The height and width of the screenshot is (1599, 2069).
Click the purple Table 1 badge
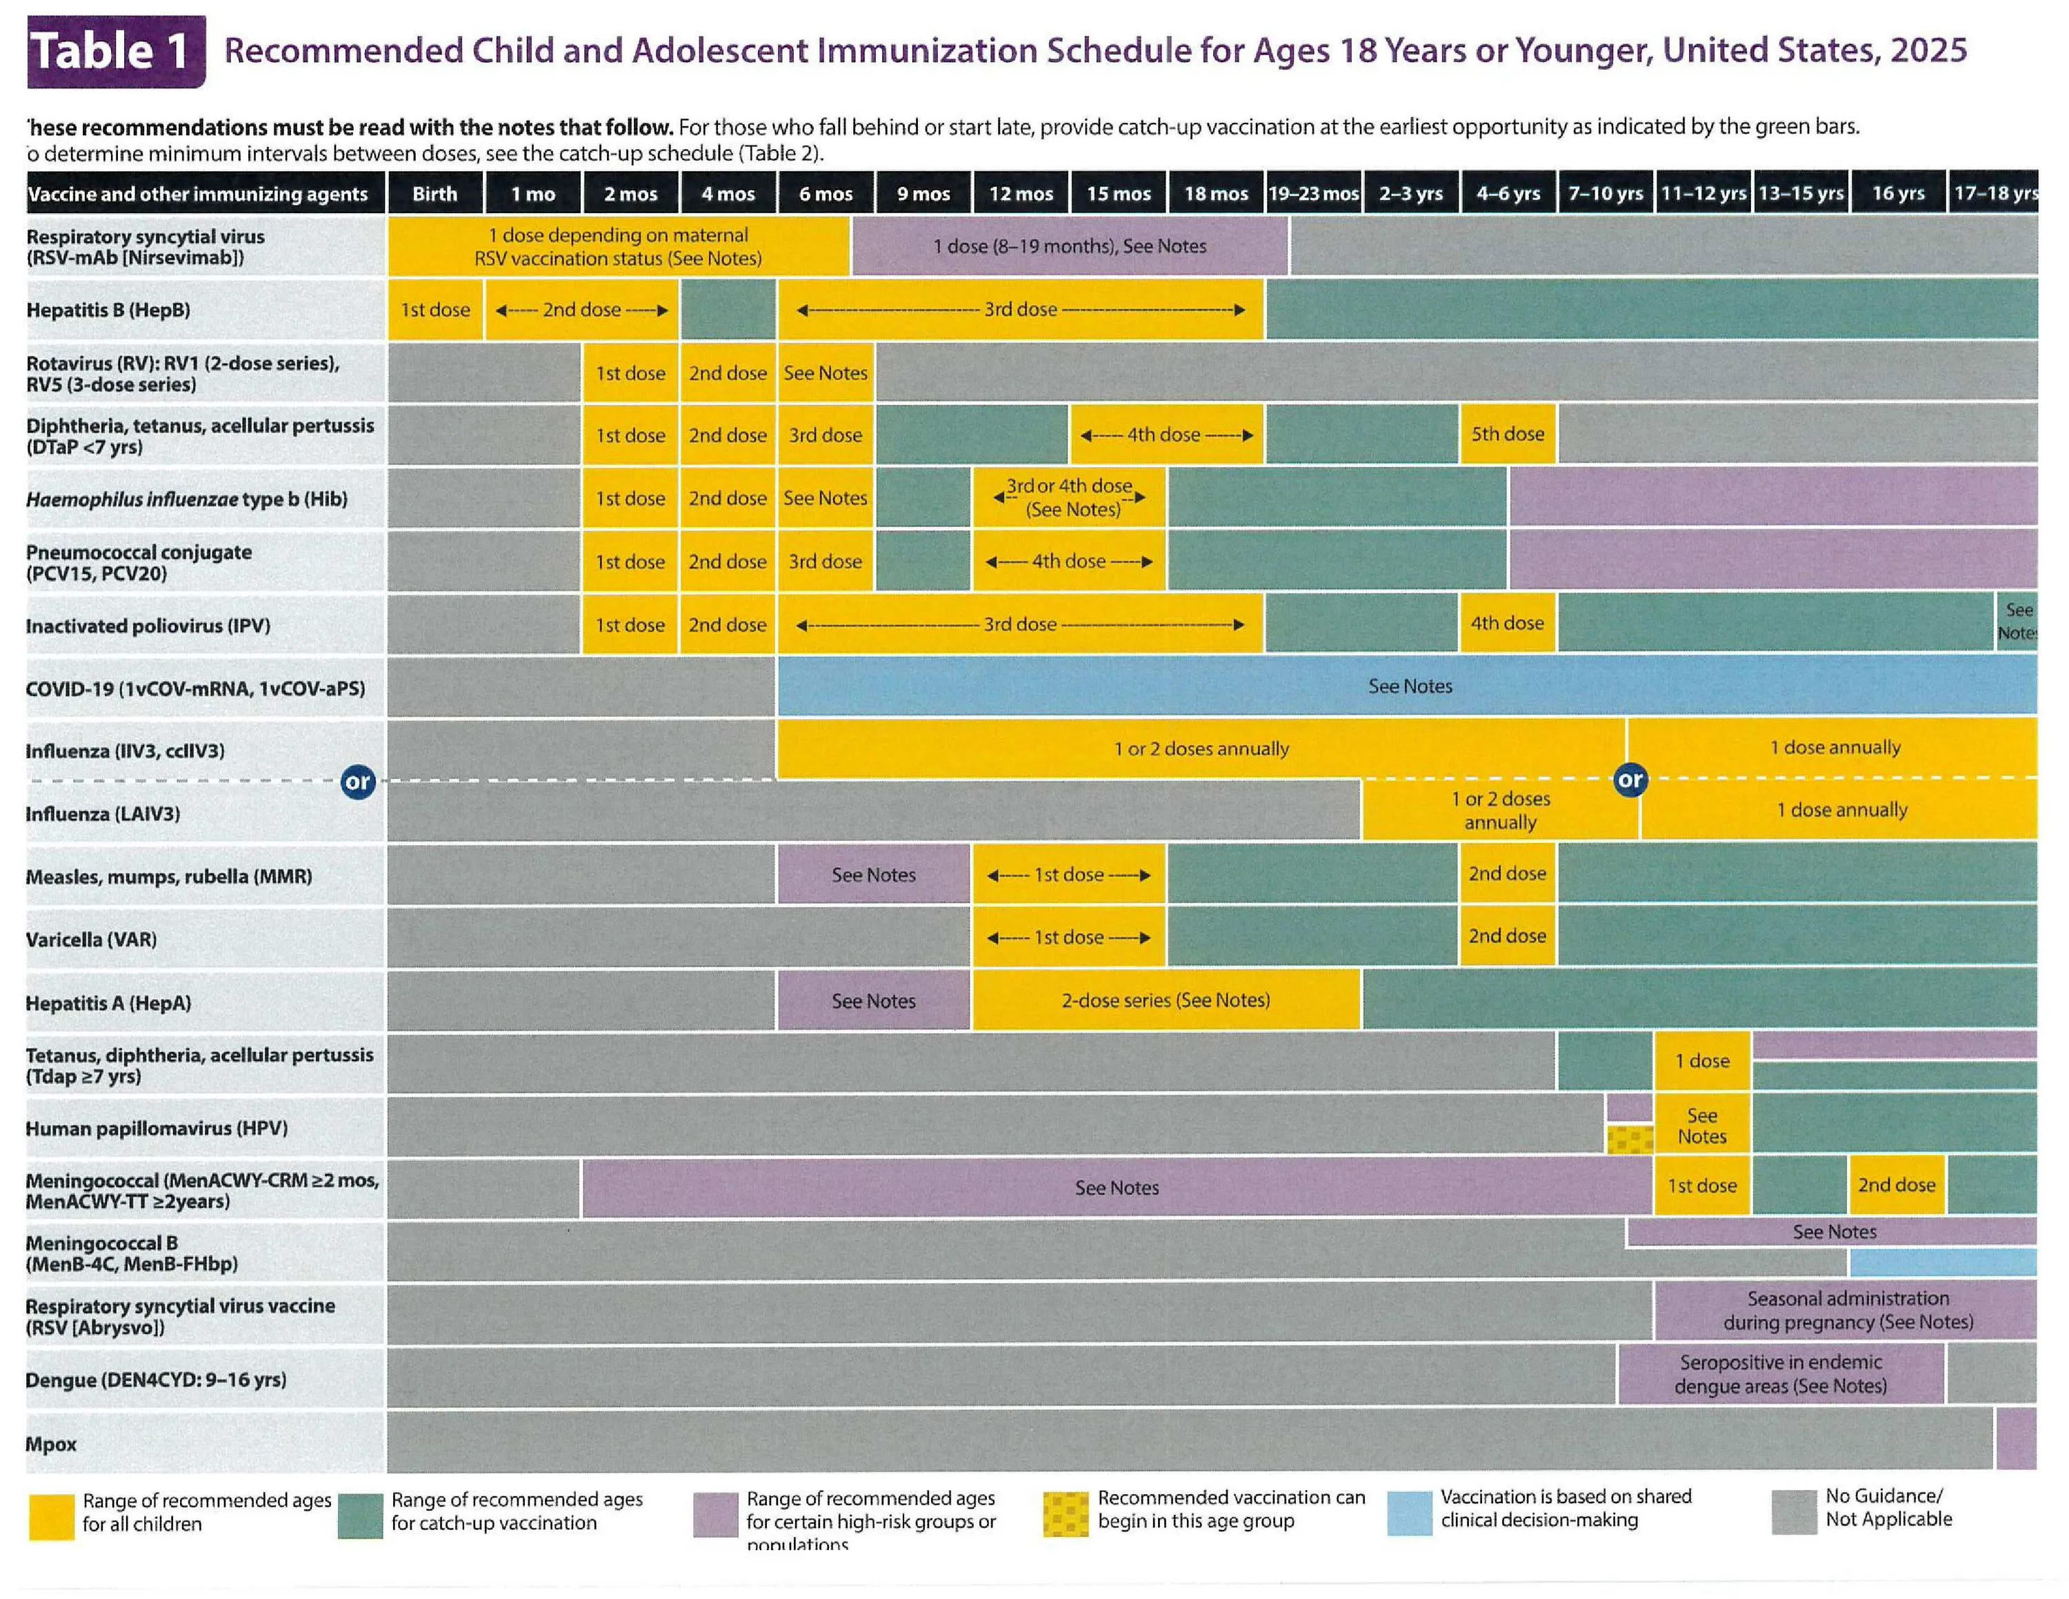[x=116, y=51]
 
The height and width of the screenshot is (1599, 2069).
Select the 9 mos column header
[x=923, y=193]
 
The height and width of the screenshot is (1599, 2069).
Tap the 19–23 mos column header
[x=1313, y=193]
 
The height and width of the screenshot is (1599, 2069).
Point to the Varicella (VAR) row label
[x=91, y=940]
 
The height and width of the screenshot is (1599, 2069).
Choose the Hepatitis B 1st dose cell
[x=434, y=310]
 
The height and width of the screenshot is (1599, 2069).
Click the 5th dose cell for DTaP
[x=1507, y=434]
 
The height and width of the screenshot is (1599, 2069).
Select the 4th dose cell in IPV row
[x=1506, y=624]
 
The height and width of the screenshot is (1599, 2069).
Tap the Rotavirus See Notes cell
[x=825, y=373]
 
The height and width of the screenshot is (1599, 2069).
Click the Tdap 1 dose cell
[x=1701, y=1061]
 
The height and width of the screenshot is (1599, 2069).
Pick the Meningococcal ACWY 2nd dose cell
[x=1896, y=1185]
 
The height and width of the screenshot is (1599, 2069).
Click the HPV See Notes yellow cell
[x=1701, y=1125]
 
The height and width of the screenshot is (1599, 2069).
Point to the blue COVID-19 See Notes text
[x=1410, y=686]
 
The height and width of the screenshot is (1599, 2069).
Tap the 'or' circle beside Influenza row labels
[x=357, y=782]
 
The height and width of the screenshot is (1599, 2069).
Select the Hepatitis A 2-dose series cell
[x=1166, y=1000]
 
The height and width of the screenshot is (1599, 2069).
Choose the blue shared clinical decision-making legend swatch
[x=1409, y=1513]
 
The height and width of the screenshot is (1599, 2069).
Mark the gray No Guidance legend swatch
[x=1793, y=1512]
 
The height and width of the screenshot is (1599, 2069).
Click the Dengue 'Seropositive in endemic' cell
[x=1780, y=1373]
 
